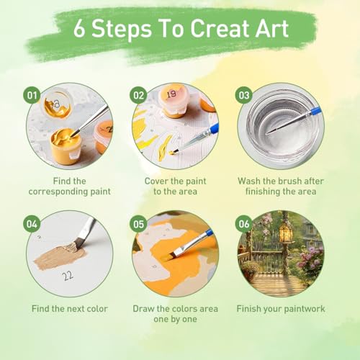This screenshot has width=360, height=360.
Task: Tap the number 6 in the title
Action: (x=79, y=29)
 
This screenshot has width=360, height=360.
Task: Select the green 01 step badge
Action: (x=32, y=95)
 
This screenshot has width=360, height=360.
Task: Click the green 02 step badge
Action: (x=138, y=95)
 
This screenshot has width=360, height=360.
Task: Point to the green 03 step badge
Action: (x=244, y=95)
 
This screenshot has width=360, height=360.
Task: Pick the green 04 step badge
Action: (x=32, y=224)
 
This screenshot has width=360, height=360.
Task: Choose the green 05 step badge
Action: (x=138, y=224)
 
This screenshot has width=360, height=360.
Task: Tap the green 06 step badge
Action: (x=244, y=224)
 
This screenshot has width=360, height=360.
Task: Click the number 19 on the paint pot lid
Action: (x=171, y=94)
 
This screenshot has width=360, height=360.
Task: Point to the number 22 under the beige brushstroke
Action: (x=68, y=276)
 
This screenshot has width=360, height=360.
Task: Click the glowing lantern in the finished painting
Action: (x=286, y=232)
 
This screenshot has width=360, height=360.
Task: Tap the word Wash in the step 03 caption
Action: (x=249, y=181)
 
